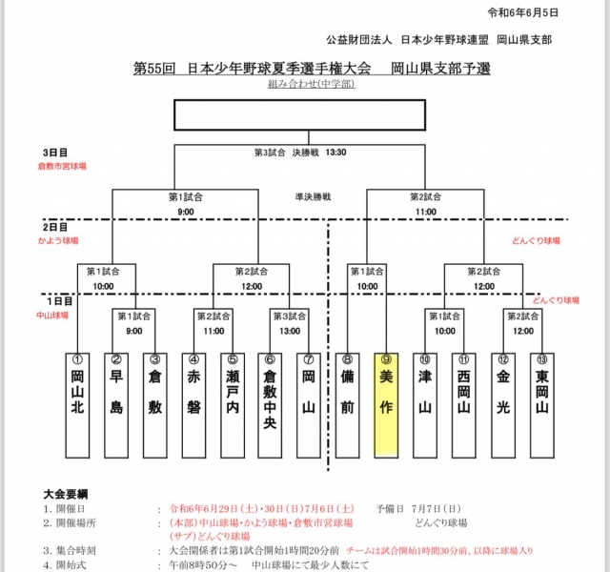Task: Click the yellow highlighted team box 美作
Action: pos(386,404)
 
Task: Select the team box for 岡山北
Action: pos(78,404)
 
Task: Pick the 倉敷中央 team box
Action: pos(270,404)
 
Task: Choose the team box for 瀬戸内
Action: pos(232,404)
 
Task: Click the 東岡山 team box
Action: pos(540,404)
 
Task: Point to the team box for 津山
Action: pos(425,404)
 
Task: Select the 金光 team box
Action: pos(501,404)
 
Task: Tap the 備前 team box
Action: pos(348,404)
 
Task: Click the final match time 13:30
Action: pos(335,152)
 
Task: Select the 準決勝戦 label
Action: pos(313,196)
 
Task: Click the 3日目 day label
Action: pos(55,153)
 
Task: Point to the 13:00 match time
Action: pos(289,331)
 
